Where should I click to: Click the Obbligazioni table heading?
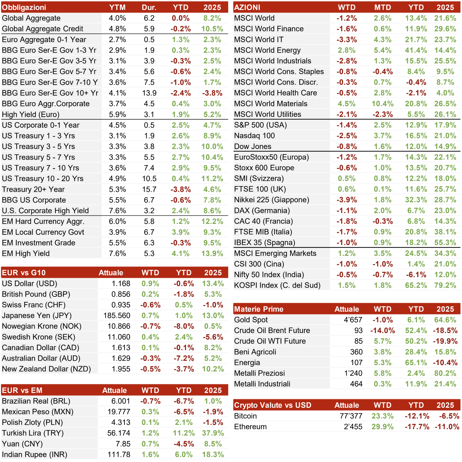point(24,7)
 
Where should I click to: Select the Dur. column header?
point(149,7)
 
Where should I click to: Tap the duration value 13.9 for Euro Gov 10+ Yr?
point(149,93)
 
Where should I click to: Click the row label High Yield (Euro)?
point(31,114)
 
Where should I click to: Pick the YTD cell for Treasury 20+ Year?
point(181,189)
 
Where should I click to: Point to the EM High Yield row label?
point(26,253)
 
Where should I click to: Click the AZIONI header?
point(247,7)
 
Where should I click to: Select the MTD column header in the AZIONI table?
point(383,7)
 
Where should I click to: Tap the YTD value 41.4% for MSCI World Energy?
point(416,50)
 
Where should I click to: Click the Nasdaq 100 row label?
point(254,136)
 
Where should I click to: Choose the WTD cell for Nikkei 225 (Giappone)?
point(347,200)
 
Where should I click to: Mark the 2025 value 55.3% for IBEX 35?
point(445,242)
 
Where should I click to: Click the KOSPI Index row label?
point(277,285)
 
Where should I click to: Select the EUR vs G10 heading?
point(24,273)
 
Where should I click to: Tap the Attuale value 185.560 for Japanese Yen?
point(117,315)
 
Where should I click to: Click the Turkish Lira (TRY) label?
point(33,433)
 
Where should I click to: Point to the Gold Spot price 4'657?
point(353,320)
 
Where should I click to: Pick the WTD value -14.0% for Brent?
point(383,330)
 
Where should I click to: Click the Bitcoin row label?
point(246,416)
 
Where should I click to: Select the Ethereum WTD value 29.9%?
point(383,427)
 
